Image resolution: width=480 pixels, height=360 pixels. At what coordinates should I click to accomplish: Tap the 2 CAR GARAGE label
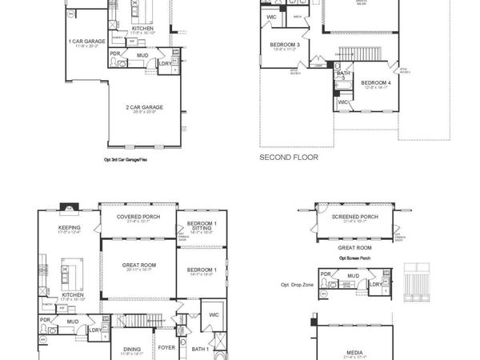pos(144,106)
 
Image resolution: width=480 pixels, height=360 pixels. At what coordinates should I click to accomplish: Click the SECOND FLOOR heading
pos(288,158)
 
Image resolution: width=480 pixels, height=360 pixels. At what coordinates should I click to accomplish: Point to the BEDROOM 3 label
pos(286,44)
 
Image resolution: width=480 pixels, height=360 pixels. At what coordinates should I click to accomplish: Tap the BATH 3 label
pos(343,75)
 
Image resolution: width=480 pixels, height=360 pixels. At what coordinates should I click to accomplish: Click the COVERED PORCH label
pos(138,216)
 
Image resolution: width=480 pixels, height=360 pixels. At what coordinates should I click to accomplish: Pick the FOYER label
pos(166,347)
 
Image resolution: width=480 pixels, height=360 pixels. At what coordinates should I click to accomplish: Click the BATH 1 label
pos(200,348)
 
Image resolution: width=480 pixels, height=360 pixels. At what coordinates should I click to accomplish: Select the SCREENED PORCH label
pos(353,216)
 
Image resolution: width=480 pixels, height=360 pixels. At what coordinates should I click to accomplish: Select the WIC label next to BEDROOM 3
pos(272,16)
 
